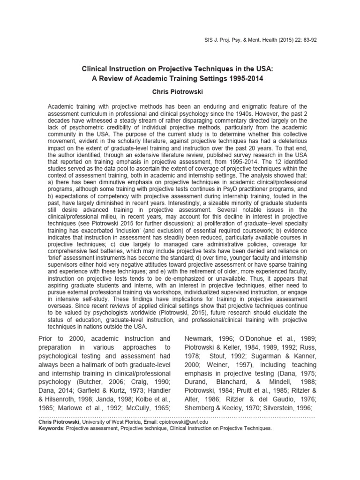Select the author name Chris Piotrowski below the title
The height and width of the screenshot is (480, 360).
point(180,92)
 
